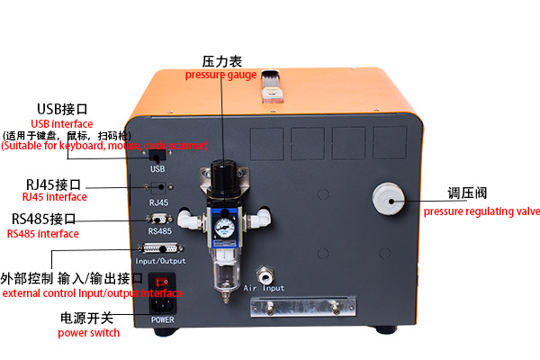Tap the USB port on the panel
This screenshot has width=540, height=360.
click(157, 154)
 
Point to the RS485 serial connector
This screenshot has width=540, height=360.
click(160, 219)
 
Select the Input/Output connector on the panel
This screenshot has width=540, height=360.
click(161, 249)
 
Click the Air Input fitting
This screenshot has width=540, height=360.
click(264, 272)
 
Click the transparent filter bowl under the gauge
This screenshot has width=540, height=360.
click(224, 265)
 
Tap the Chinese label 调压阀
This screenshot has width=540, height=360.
click(469, 193)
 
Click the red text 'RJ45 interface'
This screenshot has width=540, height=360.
click(54, 196)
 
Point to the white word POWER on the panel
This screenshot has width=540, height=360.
click(162, 319)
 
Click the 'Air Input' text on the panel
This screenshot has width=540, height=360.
click(264, 289)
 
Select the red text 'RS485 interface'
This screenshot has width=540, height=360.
click(42, 234)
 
